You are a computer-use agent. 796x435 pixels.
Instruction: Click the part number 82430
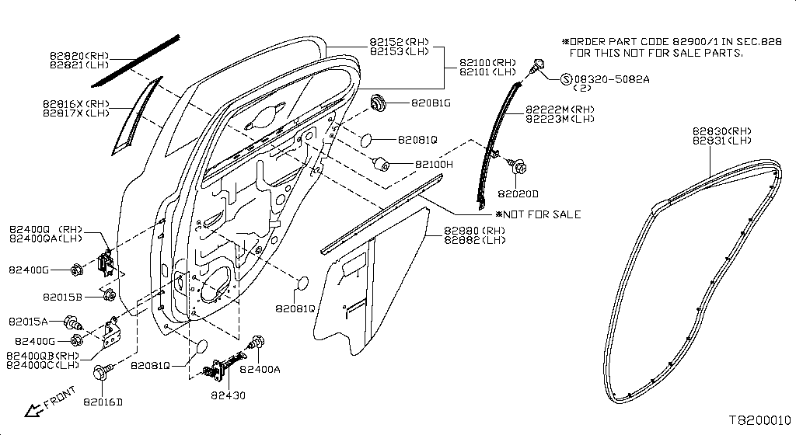pyautogui.click(x=228, y=395)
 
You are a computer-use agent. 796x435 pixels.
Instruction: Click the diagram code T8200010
pyautogui.click(x=760, y=420)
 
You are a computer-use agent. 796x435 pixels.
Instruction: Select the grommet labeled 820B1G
pyautogui.click(x=379, y=103)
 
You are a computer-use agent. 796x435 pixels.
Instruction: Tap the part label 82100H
pyautogui.click(x=434, y=164)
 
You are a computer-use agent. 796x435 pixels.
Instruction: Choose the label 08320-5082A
pyautogui.click(x=612, y=79)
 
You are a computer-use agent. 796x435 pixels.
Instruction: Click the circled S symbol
pyautogui.click(x=567, y=79)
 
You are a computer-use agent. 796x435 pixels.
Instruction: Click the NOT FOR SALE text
pyautogui.click(x=542, y=214)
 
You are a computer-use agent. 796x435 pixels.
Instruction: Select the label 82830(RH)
pyautogui.click(x=722, y=131)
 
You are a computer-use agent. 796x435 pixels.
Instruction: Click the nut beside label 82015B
pyautogui.click(x=109, y=294)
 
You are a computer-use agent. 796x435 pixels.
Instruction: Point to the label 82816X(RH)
pyautogui.click(x=76, y=104)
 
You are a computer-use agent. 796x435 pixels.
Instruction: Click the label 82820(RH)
pyautogui.click(x=79, y=56)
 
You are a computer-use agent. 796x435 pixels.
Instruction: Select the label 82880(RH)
pyautogui.click(x=475, y=231)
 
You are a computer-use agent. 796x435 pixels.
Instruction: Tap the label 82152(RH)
pyautogui.click(x=399, y=42)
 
